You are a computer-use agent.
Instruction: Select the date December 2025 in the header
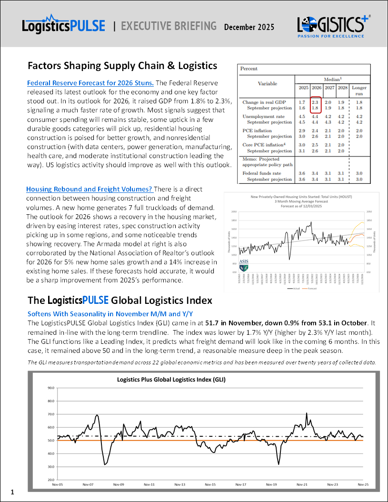pyautogui.click(x=249, y=27)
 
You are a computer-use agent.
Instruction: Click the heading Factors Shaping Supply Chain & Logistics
pyautogui.click(x=122, y=65)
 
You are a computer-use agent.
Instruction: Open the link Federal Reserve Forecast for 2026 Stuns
pyautogui.click(x=90, y=82)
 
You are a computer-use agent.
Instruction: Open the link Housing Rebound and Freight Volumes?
pyautogui.click(x=89, y=190)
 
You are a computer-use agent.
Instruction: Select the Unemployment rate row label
pyautogui.click(x=263, y=116)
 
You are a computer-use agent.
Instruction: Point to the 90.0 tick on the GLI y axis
pyautogui.click(x=51, y=388)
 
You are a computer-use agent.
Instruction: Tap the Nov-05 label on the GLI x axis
pyautogui.click(x=57, y=484)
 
